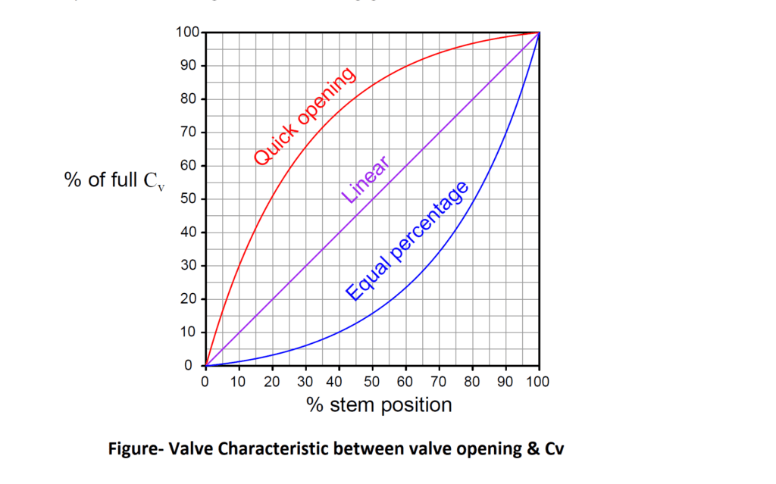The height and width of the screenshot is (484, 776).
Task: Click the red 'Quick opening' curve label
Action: point(304,116)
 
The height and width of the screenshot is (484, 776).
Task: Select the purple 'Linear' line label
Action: point(366,180)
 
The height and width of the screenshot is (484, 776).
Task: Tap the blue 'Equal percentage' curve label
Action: point(408,241)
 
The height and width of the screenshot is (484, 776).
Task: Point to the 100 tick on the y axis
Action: point(186,33)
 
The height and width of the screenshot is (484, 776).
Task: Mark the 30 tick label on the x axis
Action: point(305,382)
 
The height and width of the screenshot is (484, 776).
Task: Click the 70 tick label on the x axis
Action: point(439,382)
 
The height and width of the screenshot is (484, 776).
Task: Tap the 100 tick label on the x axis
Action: point(539,382)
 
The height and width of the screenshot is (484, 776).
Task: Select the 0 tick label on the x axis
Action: point(205,382)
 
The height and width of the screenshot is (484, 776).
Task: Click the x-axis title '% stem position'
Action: point(379,405)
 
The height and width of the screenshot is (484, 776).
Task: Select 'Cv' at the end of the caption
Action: point(554,448)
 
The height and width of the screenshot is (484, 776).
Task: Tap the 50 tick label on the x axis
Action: point(372,382)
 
